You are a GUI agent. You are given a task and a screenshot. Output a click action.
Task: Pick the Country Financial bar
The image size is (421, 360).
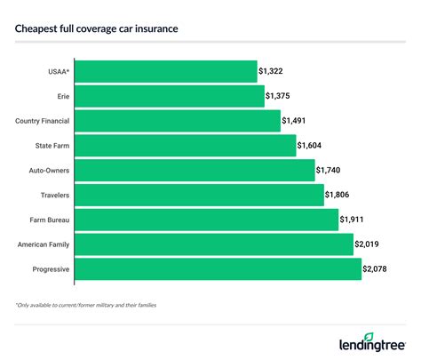[x=177, y=120]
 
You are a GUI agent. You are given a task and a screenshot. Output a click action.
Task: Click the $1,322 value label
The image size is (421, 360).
[x=273, y=70]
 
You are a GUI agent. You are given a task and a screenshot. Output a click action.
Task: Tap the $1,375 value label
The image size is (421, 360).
[x=280, y=95]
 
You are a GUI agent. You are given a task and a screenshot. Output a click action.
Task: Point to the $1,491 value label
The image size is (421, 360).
[x=296, y=120]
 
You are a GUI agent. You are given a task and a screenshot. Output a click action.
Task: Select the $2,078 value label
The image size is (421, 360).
[x=377, y=269]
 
